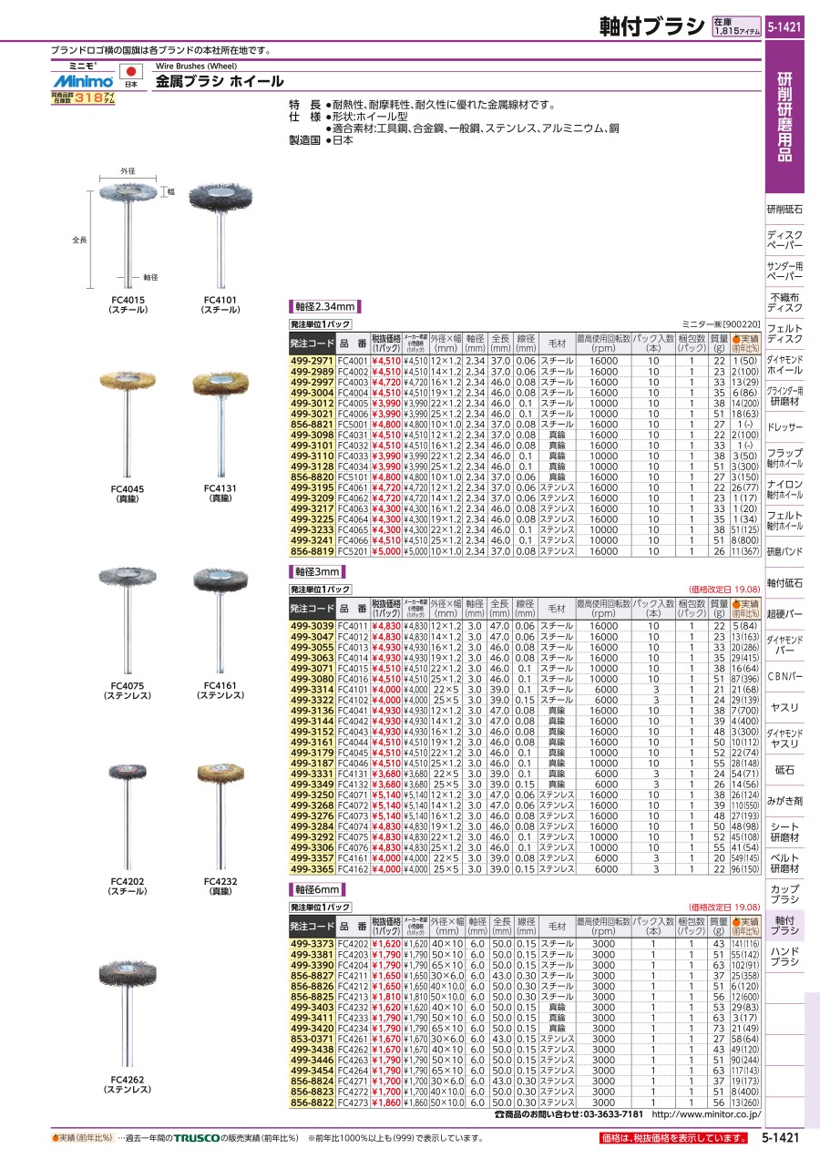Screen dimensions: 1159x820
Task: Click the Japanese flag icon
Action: (130, 71)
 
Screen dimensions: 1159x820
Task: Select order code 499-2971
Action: (312, 362)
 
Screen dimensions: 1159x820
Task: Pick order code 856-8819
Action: (312, 550)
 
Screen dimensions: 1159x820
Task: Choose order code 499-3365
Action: (312, 868)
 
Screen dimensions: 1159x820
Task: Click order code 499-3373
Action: (312, 943)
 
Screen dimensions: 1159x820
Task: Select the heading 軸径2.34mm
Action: (324, 306)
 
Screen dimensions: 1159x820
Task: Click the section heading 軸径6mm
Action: (317, 888)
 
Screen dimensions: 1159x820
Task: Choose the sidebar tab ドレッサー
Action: (785, 426)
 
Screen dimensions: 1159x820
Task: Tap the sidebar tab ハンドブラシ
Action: (785, 957)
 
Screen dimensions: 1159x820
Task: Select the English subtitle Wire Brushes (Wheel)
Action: (196, 67)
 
